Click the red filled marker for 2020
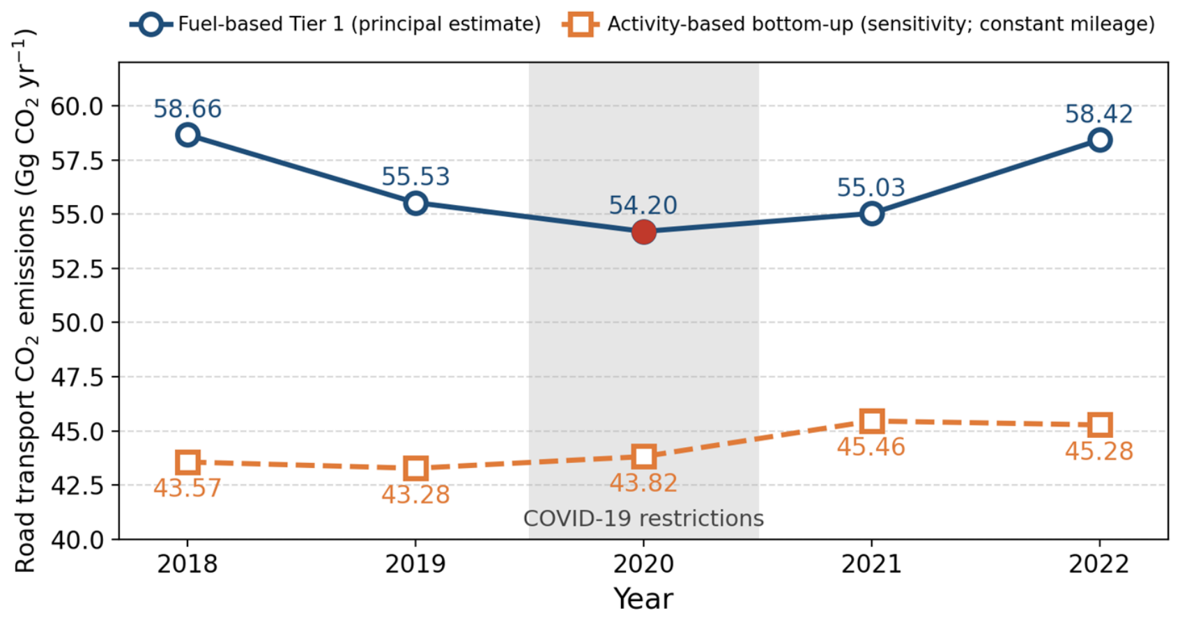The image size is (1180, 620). [x=643, y=232]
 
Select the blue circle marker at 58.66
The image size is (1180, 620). [x=187, y=135]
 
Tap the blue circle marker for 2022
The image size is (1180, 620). [x=1099, y=140]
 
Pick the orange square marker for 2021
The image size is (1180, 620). [x=871, y=421]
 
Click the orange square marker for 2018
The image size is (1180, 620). [x=187, y=462]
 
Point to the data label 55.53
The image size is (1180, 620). [x=415, y=176]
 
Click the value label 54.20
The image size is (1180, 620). [x=643, y=205]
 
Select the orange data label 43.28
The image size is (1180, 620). [x=415, y=494]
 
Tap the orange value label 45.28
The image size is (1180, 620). [x=1099, y=451]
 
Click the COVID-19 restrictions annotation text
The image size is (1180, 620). [x=643, y=519]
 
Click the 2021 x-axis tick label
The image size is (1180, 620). [x=871, y=564]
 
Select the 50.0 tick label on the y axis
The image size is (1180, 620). [x=77, y=323]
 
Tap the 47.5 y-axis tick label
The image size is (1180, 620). [x=77, y=377]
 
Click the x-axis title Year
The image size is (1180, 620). [x=643, y=599]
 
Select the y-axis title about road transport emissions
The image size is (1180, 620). [x=24, y=301]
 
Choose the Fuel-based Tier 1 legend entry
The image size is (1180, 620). [x=335, y=24]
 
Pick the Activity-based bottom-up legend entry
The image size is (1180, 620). [x=859, y=24]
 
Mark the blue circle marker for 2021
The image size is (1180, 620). [x=871, y=213]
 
